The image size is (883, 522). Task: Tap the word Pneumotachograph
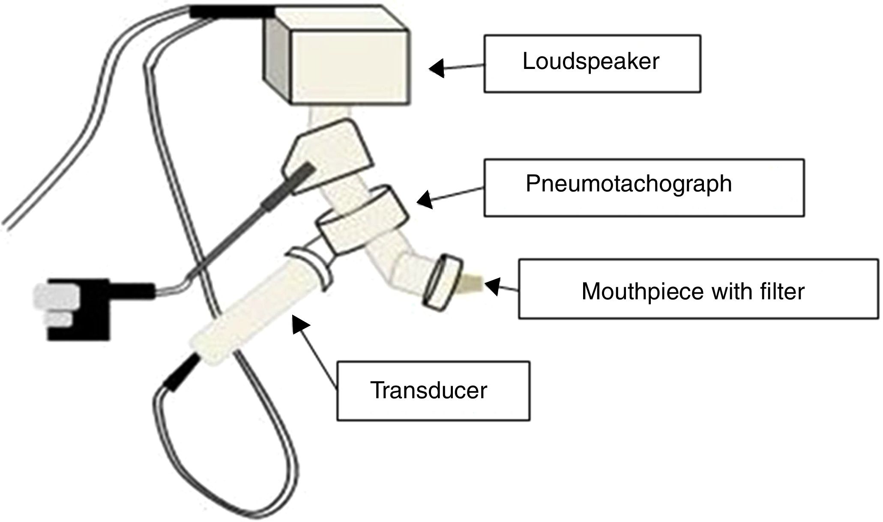click(629, 184)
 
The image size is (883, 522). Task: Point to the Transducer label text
click(429, 391)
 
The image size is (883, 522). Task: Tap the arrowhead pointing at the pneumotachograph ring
click(425, 199)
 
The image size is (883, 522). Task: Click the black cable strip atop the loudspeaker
click(231, 12)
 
